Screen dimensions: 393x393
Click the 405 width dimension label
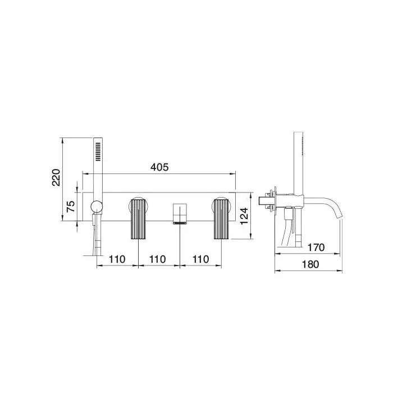(159, 167)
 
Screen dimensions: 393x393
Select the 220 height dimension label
(56, 177)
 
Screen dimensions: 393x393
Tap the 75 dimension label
(71, 206)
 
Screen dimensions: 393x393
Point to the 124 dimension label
(244, 216)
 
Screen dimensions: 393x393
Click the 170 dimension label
(316, 248)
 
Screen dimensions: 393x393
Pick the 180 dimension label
(310, 264)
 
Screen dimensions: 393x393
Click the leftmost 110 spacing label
(117, 259)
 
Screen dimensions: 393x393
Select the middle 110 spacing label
(157, 259)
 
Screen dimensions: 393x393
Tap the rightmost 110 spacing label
(200, 259)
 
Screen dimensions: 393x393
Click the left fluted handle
(138, 219)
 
